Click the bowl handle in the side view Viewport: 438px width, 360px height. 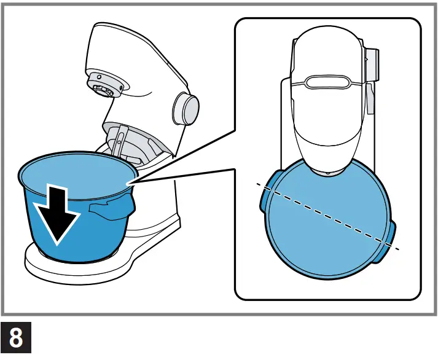(111, 208)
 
